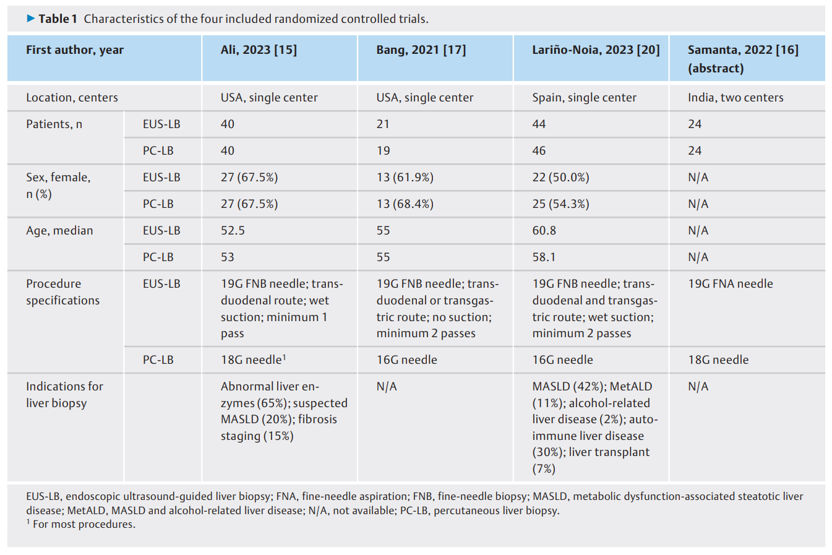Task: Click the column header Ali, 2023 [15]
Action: [x=259, y=49]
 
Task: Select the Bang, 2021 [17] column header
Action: [x=421, y=49]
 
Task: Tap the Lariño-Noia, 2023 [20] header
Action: [x=596, y=49]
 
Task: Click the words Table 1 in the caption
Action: [x=58, y=19]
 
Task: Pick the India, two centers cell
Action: [x=736, y=97]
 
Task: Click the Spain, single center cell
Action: [x=585, y=97]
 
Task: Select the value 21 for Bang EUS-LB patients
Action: [x=382, y=124]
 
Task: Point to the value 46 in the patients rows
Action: [x=539, y=150]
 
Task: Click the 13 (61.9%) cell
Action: [x=405, y=177]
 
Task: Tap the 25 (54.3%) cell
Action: [x=560, y=204]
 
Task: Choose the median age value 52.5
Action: [x=233, y=230]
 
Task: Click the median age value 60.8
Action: [x=544, y=230]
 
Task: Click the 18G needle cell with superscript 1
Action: [x=254, y=359]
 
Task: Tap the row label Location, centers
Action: [x=72, y=97]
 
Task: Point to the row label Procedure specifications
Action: [x=62, y=292]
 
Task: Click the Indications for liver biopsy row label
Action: [x=64, y=395]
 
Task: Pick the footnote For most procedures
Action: [x=80, y=524]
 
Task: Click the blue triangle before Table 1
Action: [x=31, y=18]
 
